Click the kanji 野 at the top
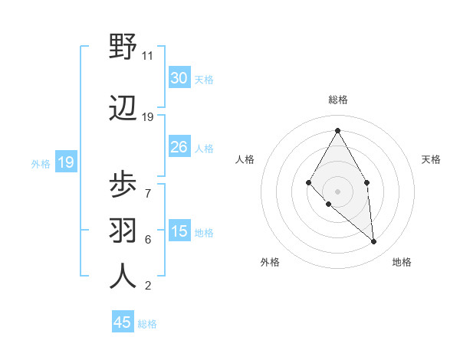pyautogui.click(x=123, y=47)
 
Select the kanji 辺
pyautogui.click(x=123, y=109)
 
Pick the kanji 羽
pyautogui.click(x=123, y=229)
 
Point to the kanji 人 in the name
pyautogui.click(x=123, y=275)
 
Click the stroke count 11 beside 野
pyautogui.click(x=148, y=56)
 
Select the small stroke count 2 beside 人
pyautogui.click(x=148, y=286)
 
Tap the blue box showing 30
pyautogui.click(x=179, y=78)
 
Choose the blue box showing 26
pyautogui.click(x=179, y=147)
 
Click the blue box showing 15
pyautogui.click(x=179, y=231)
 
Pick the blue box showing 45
pyautogui.click(x=123, y=322)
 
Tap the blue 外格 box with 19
pyautogui.click(x=65, y=162)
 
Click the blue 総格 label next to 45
pyautogui.click(x=148, y=324)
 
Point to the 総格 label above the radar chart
pyautogui.click(x=337, y=100)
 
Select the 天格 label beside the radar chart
pyautogui.click(x=432, y=159)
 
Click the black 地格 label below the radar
pyautogui.click(x=402, y=262)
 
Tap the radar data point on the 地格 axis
pyautogui.click(x=373, y=241)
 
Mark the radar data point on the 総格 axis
pyautogui.click(x=337, y=129)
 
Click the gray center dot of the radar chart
pyautogui.click(x=337, y=190)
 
